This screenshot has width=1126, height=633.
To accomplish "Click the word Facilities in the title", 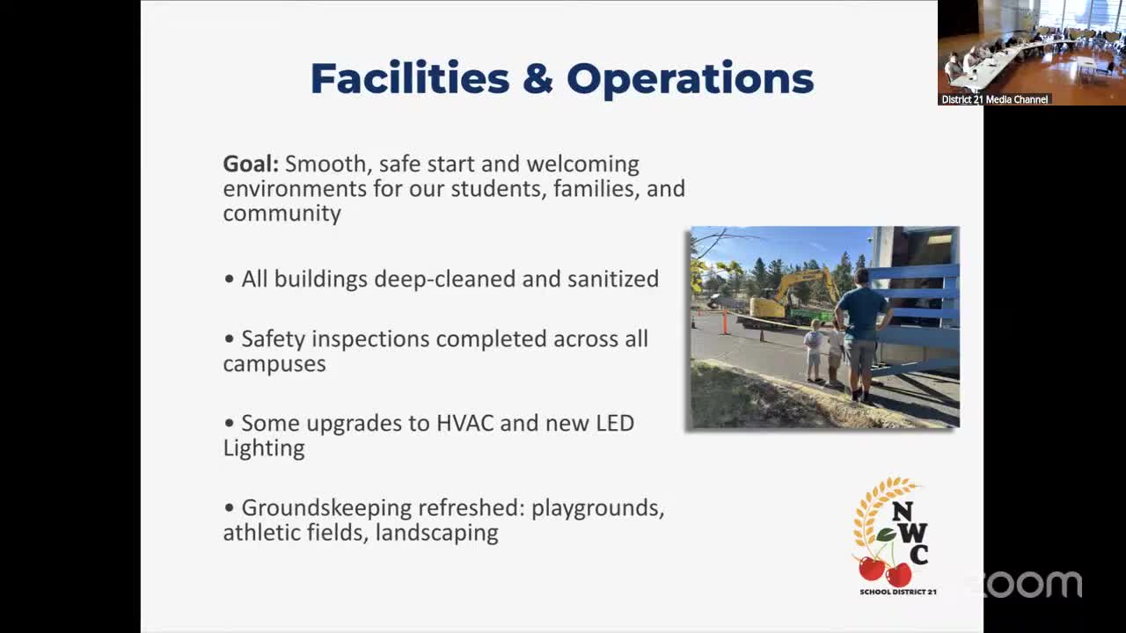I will pos(410,78).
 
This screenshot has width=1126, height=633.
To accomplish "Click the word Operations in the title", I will pos(690,79).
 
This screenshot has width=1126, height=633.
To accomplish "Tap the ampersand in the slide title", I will pos(537,79).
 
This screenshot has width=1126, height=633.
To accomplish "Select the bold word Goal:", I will pos(251,164).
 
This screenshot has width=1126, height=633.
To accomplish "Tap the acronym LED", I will pos(614,423).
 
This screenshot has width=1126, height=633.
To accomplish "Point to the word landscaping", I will pos(436,533).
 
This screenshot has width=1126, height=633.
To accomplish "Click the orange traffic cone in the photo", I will pos(726,322).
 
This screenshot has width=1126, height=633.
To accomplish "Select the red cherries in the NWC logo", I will pos(885,571).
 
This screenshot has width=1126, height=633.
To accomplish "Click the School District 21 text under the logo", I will pos(897,592).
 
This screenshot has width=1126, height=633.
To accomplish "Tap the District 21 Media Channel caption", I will pos(994,99).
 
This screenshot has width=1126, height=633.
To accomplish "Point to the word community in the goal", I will pos(281,214).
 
